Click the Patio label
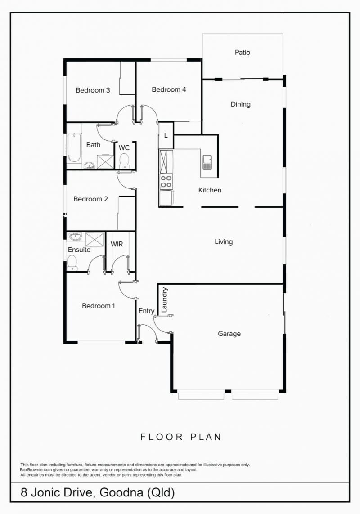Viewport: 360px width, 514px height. pyautogui.click(x=243, y=53)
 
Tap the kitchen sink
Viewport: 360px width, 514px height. pyautogui.click(x=207, y=162)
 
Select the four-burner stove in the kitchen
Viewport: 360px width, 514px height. pyautogui.click(x=166, y=182)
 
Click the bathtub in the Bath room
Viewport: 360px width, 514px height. pyautogui.click(x=74, y=147)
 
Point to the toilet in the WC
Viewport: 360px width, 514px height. pyautogui.click(x=124, y=161)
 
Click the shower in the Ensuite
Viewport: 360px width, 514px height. pyautogui.click(x=94, y=240)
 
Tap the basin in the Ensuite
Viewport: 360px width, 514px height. pyautogui.click(x=75, y=237)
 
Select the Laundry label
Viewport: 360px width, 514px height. pyautogui.click(x=165, y=299)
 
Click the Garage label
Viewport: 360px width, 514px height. pyautogui.click(x=229, y=334)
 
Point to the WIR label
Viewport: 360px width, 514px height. pyautogui.click(x=117, y=244)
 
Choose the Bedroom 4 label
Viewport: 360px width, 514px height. pyautogui.click(x=169, y=89)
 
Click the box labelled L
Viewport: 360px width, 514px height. pyautogui.click(x=166, y=135)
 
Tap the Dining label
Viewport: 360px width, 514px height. pyautogui.click(x=241, y=104)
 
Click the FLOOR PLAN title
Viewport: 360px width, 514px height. pyautogui.click(x=181, y=437)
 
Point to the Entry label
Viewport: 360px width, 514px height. pyautogui.click(x=146, y=311)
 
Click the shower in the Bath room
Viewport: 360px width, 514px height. pyautogui.click(x=105, y=161)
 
